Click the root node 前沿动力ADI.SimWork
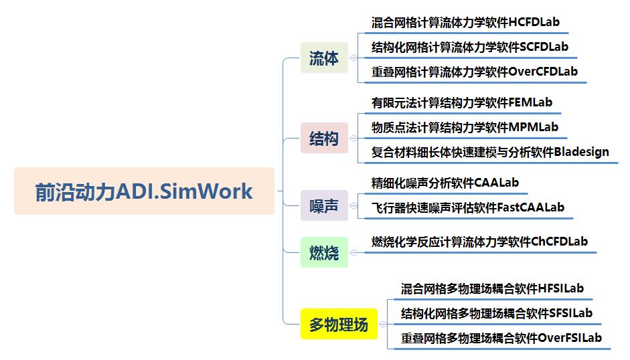pos(144,191)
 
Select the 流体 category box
pos(324,58)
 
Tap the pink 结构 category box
pos(324,139)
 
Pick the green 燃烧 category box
pos(324,252)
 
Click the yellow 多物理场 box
pos(339,325)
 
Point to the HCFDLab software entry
pos(465,22)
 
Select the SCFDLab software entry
pos(469,47)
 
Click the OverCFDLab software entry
pos(474,71)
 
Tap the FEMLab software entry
pos(462,103)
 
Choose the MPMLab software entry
pos(465,127)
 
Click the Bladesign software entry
pos(490,152)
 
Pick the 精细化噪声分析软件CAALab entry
pos(445,182)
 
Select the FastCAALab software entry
pos(467,207)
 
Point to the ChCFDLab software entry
pos(479,242)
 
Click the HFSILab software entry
pos(492,289)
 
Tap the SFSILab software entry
pos(496,313)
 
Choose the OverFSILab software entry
pos(501,338)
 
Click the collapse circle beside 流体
pos(353,58)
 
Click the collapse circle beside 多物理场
pos(383,325)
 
